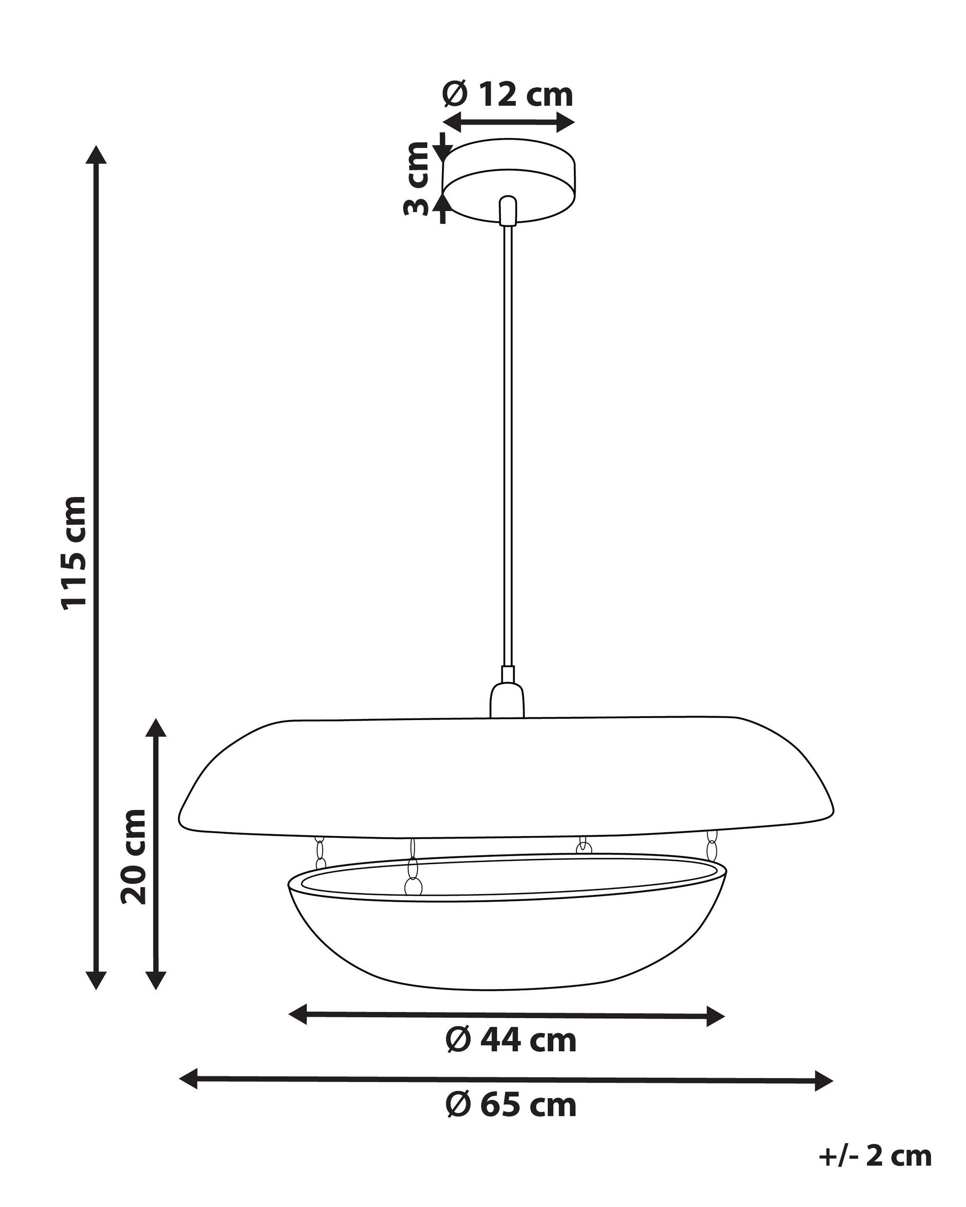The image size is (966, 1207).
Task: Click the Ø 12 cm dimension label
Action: coord(508,95)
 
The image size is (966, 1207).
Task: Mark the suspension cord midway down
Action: coord(508,448)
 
